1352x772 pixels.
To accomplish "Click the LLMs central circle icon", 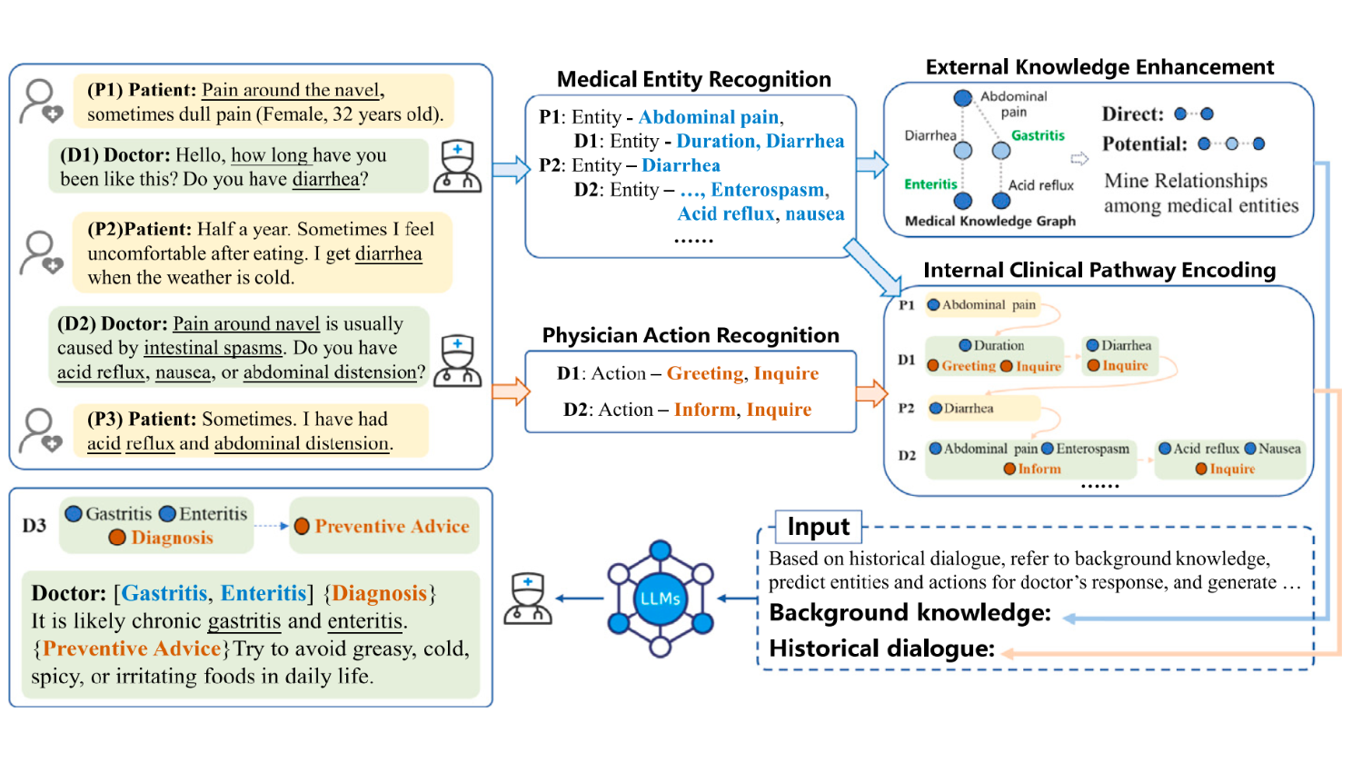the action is click(660, 599).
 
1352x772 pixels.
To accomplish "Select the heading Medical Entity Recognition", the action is click(693, 79).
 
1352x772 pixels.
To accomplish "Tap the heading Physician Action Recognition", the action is click(691, 335).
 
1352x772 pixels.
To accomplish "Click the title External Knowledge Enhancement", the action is click(1099, 67).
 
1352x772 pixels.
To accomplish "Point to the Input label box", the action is click(819, 527).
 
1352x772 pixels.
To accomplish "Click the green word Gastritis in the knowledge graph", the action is click(1038, 135).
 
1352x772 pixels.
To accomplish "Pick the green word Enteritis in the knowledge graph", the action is click(930, 184).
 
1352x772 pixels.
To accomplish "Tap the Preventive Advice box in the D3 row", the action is click(383, 525).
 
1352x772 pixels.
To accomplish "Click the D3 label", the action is click(35, 525).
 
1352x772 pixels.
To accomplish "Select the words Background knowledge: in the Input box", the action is click(910, 613).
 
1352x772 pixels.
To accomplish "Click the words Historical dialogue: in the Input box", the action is click(882, 649).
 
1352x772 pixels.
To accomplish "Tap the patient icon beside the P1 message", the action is click(41, 102).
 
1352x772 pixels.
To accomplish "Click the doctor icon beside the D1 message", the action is click(458, 166).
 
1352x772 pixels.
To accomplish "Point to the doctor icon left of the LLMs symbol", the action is click(528, 599).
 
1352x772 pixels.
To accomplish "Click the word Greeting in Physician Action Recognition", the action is click(705, 374).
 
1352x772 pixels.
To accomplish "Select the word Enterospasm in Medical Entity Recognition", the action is click(767, 190).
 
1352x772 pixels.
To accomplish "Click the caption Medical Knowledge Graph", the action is click(990, 222).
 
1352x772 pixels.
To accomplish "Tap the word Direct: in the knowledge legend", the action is click(1132, 114).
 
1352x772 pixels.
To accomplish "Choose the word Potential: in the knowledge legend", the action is click(1144, 144).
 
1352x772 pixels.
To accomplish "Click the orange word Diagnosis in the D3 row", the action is click(172, 538).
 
